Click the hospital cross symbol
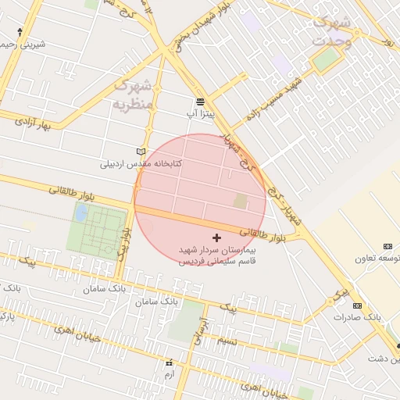[216, 237]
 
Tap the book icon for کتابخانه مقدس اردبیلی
[141, 152]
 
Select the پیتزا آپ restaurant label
[200, 114]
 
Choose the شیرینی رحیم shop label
[23, 45]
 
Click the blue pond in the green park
[81, 212]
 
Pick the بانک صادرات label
[357, 317]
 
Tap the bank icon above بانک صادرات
[357, 305]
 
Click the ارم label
[169, 375]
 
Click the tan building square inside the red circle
[240, 202]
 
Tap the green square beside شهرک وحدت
[327, 59]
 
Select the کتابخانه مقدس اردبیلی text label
[141, 164]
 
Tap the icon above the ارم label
[169, 363]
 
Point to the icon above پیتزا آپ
[200, 102]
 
